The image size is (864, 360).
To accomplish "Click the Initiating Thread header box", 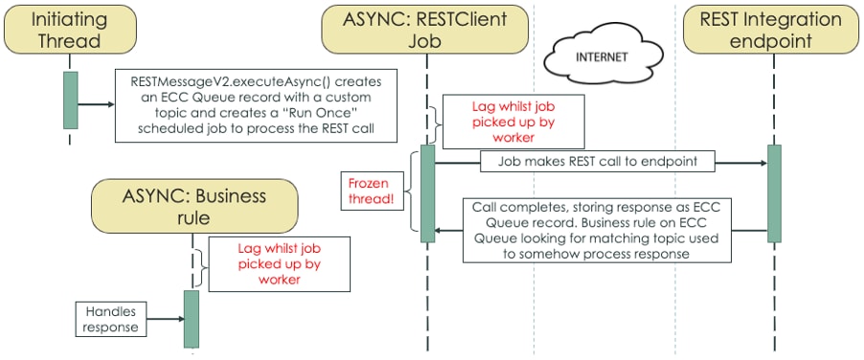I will (70, 29).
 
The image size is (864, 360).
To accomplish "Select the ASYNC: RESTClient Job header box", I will (426, 29).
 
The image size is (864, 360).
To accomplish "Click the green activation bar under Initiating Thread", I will (70, 100).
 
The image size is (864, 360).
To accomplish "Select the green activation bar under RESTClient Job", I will (427, 192).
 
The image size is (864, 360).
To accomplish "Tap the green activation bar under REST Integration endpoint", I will (774, 191).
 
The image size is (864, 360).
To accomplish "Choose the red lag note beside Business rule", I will (279, 263).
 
